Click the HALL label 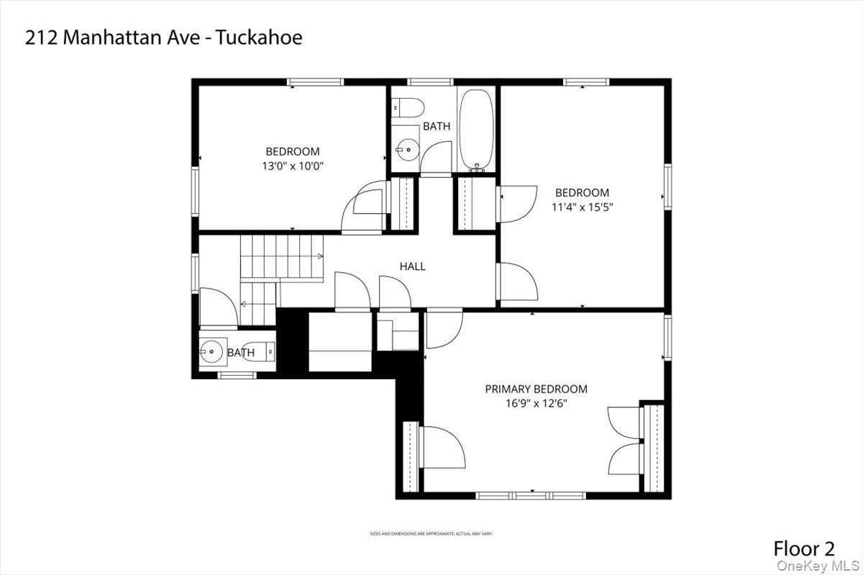coord(412,266)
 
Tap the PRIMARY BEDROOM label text coord(536,389)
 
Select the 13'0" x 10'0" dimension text coord(292,166)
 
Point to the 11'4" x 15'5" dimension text coord(582,207)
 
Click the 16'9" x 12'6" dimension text coord(536,404)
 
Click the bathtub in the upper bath coord(476,130)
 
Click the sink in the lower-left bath coord(212,353)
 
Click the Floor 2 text coord(804,548)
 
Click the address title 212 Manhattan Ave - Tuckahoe coord(164,38)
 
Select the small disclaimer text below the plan coord(431,534)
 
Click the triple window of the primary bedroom coord(531,495)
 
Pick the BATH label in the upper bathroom coord(436,126)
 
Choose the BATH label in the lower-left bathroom coord(240,353)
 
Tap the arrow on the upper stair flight coord(317,255)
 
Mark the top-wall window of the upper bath coord(430,82)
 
